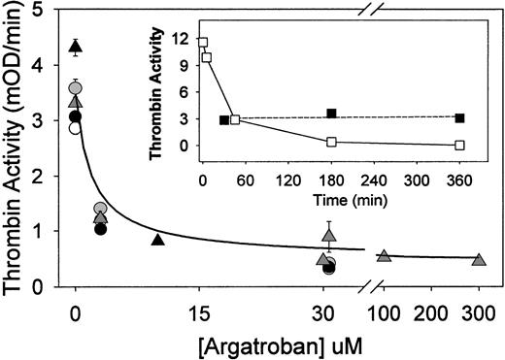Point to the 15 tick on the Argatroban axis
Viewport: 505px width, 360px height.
[199, 310]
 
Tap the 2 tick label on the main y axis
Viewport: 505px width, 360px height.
[49, 177]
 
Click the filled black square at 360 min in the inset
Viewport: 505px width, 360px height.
[459, 118]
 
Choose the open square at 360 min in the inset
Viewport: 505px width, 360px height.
[459, 146]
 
